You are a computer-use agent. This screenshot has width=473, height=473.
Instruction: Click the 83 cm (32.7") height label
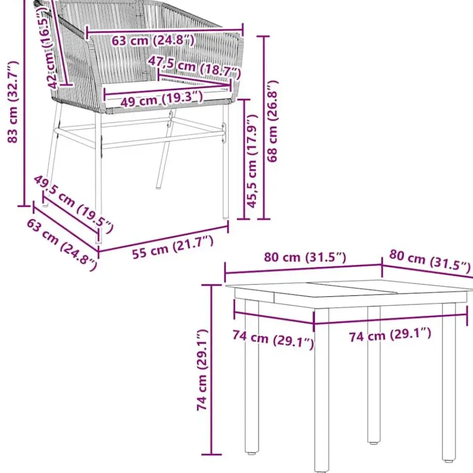13,101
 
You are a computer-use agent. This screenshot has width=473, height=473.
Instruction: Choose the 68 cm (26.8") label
272,121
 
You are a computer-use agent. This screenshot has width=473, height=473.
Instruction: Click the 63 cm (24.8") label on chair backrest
153,40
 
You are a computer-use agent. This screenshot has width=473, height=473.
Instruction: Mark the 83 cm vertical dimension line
24,103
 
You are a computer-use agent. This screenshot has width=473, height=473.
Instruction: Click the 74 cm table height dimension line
212,370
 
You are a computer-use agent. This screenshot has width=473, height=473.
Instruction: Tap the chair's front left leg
99,177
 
